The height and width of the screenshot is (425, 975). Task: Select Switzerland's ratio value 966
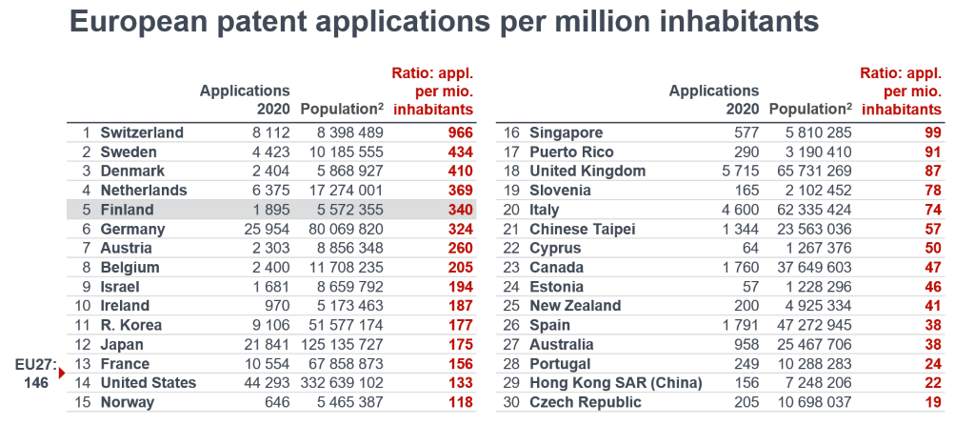pyautogui.click(x=461, y=132)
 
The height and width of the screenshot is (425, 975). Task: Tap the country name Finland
pyautogui.click(x=127, y=210)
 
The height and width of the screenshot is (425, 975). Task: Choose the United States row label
pyautogui.click(x=148, y=382)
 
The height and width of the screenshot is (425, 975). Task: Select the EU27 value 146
pyautogui.click(x=36, y=382)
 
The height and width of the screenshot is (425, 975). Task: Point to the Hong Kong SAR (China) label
pyautogui.click(x=615, y=382)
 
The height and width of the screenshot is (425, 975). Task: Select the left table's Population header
pyautogui.click(x=341, y=110)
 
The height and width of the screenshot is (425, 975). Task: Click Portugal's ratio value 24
pyautogui.click(x=932, y=363)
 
